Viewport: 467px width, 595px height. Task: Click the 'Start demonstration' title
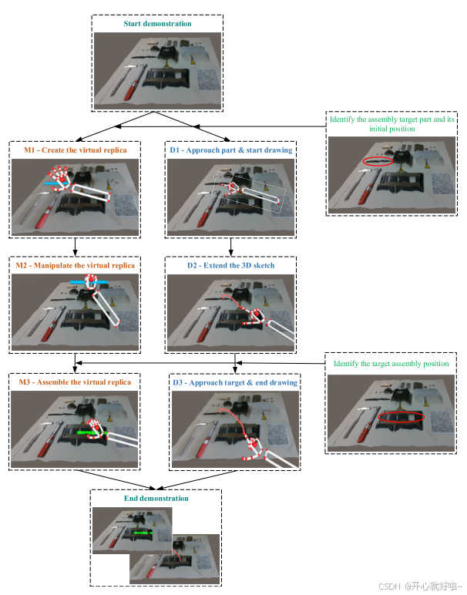pos(157,24)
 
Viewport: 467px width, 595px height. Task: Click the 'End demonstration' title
pos(156,498)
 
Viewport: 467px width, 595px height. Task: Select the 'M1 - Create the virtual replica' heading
pos(75,150)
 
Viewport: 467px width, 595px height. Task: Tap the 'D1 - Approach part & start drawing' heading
pos(231,150)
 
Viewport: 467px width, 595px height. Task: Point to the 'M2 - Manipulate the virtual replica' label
pos(75,265)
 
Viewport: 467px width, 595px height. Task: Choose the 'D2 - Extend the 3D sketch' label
pos(230,265)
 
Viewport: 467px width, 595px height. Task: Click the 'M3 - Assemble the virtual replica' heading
pos(75,382)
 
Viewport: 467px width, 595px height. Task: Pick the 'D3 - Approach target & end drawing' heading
pos(235,382)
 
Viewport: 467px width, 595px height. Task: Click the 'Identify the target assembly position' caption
pos(391,364)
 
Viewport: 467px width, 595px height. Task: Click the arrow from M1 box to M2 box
pos(75,247)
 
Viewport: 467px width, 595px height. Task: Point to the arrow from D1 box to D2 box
pos(231,247)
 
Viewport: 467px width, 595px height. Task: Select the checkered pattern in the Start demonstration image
pos(207,79)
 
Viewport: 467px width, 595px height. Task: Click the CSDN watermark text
pos(420,587)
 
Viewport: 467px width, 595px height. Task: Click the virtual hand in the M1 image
pos(59,177)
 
